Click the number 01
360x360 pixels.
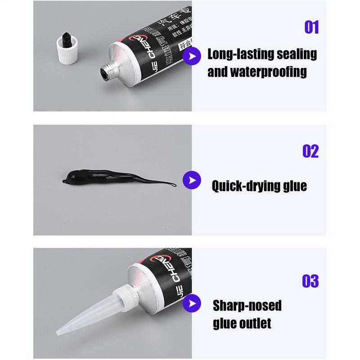coord(311,27)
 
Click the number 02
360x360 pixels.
coord(310,151)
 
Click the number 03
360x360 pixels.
coord(310,281)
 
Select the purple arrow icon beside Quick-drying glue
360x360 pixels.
coord(191,180)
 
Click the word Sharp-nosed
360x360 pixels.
coord(247,306)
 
